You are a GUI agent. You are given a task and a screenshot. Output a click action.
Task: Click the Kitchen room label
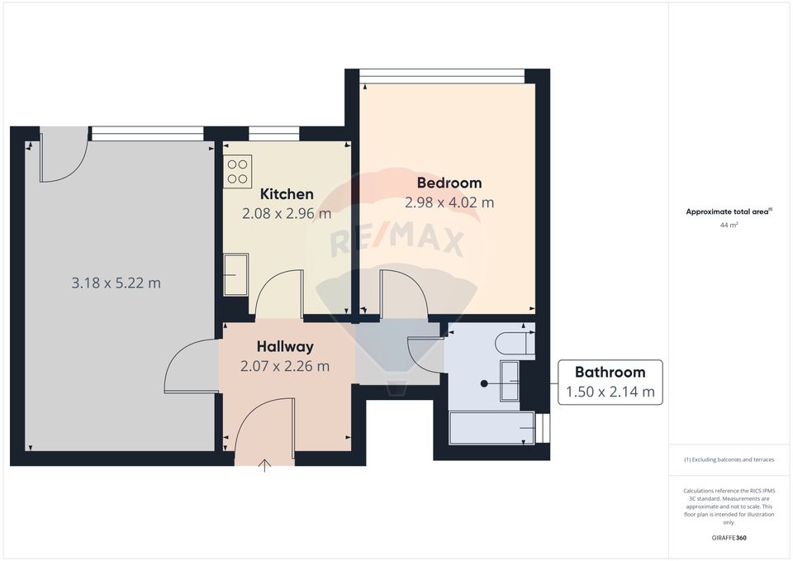(x=287, y=194)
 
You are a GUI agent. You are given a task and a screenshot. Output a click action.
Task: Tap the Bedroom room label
(x=449, y=183)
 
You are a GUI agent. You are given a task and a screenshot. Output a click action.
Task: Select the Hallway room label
(x=284, y=346)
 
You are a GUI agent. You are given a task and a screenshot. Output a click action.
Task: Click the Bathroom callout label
(x=610, y=372)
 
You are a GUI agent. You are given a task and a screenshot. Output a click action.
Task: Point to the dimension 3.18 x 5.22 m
(x=116, y=283)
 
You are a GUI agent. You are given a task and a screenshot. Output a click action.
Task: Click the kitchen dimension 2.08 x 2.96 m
(x=287, y=213)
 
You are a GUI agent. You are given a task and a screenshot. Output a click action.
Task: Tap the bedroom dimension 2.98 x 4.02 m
(x=449, y=202)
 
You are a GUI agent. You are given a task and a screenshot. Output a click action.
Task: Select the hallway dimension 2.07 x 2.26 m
(x=284, y=365)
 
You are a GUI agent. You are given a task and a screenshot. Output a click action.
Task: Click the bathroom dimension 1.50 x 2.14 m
(x=610, y=392)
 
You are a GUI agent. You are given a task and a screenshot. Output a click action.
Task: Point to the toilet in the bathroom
(x=515, y=342)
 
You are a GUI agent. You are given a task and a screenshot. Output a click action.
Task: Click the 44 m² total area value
(x=729, y=225)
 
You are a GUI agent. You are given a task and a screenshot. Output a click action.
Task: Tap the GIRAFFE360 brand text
(x=729, y=538)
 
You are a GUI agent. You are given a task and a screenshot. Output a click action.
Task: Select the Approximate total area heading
(x=728, y=212)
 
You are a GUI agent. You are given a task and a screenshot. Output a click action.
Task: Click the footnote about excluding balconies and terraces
(x=729, y=459)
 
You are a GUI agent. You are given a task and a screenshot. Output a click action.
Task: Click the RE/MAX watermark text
(x=397, y=240)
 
